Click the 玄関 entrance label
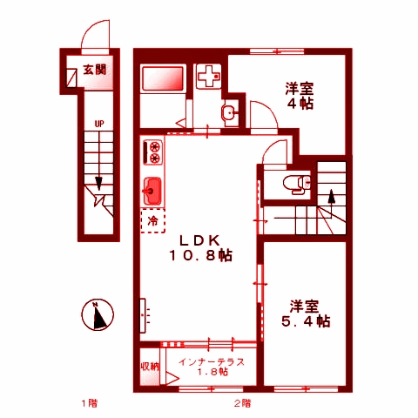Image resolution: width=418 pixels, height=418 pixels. tap(94, 71)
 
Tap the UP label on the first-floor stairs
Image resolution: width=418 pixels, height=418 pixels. tap(99, 125)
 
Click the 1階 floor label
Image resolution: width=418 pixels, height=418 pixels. tap(89, 403)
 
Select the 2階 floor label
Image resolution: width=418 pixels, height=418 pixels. tap(242, 403)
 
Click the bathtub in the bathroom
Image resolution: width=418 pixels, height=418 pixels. tap(163, 81)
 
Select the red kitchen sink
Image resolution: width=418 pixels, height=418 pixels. tap(152, 188)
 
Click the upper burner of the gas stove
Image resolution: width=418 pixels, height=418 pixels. tap(155, 146)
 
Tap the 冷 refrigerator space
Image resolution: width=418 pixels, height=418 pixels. tap(153, 221)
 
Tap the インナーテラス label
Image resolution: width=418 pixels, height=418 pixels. tap(211, 361)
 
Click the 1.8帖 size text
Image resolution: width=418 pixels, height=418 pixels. tap(212, 373)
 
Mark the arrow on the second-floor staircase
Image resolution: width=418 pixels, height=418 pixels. tap(330, 197)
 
